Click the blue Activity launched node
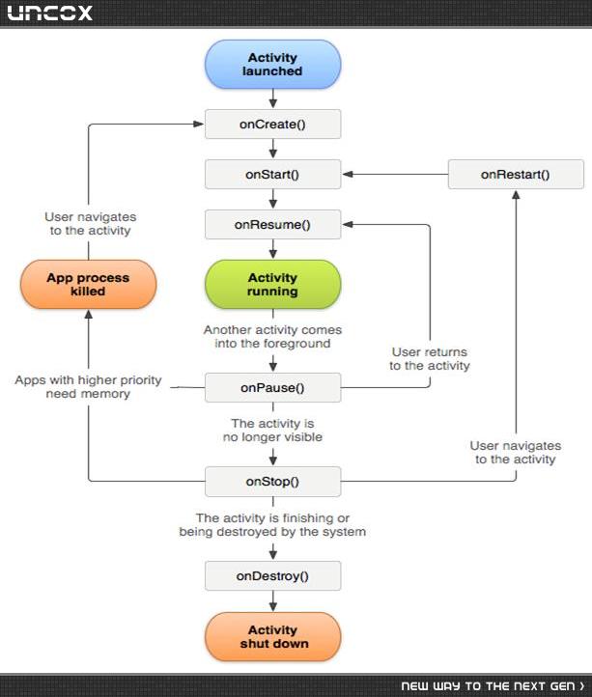[x=272, y=65]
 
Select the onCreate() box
[x=272, y=124]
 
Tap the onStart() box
[x=272, y=174]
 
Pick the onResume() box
[x=272, y=225]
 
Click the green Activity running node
[x=272, y=285]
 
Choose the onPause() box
[x=272, y=388]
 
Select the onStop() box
[x=272, y=482]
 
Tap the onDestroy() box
[x=272, y=576]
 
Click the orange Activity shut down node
[x=272, y=636]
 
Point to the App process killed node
[x=88, y=285]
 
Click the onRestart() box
[x=516, y=174]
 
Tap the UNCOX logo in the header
[x=50, y=13]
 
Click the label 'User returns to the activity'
[x=430, y=359]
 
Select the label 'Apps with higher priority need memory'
[x=88, y=387]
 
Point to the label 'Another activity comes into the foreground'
[x=272, y=337]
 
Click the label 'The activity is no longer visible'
[x=272, y=430]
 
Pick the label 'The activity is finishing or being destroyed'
[x=272, y=524]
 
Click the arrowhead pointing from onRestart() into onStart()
[x=348, y=174]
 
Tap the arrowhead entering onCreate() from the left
[x=199, y=124]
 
